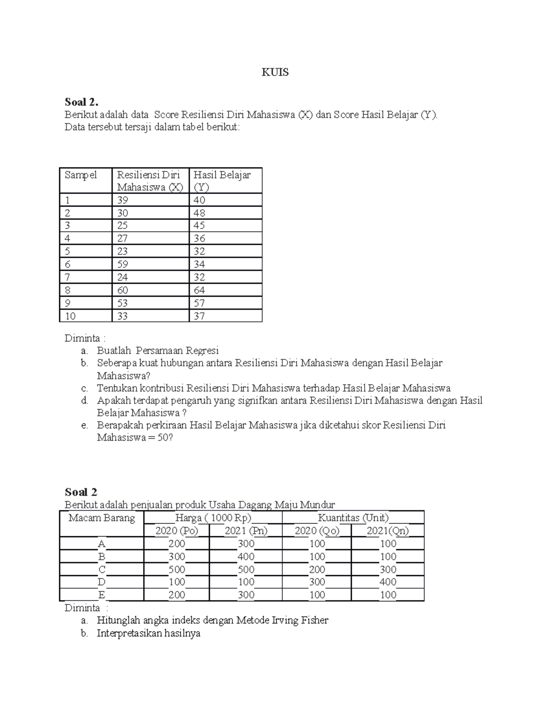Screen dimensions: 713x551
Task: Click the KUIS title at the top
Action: point(275,73)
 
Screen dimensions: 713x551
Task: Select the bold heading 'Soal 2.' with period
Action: point(81,102)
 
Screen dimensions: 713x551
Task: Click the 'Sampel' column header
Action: point(81,175)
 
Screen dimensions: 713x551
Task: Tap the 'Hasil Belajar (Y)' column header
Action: point(222,181)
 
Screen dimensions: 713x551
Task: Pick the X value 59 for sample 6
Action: point(122,264)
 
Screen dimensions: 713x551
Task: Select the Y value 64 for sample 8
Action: point(199,290)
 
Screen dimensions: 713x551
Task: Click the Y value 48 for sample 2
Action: point(199,213)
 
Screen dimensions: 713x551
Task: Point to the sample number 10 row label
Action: point(70,316)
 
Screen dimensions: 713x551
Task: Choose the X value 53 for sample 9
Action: point(122,303)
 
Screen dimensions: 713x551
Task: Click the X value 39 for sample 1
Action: point(122,200)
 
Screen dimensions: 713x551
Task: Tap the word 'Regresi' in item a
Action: point(202,351)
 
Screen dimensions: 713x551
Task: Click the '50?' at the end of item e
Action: point(165,438)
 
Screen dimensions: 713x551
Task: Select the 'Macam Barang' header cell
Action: point(101,518)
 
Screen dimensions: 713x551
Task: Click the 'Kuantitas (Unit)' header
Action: point(353,518)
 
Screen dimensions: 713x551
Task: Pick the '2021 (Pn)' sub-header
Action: point(246,531)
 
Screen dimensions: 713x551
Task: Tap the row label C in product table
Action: point(102,569)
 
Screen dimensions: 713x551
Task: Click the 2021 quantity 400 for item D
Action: point(388,582)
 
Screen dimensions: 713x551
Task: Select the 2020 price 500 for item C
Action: point(177,569)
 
